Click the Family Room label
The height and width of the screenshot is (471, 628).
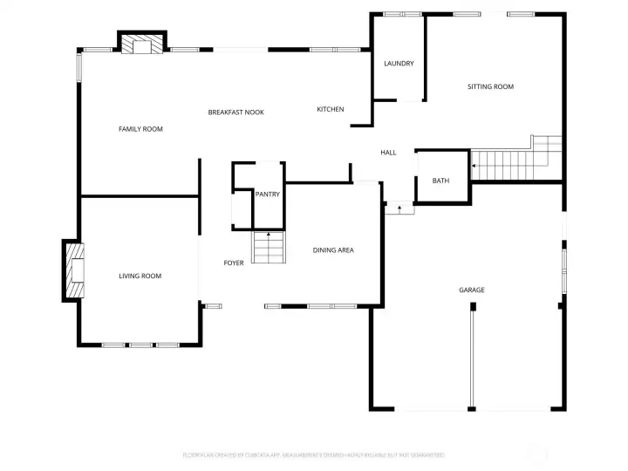(140, 129)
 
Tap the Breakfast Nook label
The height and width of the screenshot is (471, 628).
(235, 113)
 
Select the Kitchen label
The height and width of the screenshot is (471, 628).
(330, 109)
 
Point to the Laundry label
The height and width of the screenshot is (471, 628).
(399, 64)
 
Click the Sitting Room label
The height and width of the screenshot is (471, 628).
(490, 86)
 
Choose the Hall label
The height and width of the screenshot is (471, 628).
(388, 153)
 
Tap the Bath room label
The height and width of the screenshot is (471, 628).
(441, 181)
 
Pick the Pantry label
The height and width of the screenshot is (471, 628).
(268, 195)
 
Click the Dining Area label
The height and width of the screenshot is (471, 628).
(333, 250)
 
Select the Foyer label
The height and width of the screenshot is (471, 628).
(234, 263)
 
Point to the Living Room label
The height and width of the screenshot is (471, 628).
(140, 276)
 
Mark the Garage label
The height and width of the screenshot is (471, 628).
(472, 290)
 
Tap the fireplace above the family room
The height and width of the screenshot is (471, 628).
(141, 44)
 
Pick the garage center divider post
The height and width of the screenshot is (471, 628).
(473, 307)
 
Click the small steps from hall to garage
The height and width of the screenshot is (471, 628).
(399, 208)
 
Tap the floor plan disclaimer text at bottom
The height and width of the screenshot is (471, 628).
(313, 455)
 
